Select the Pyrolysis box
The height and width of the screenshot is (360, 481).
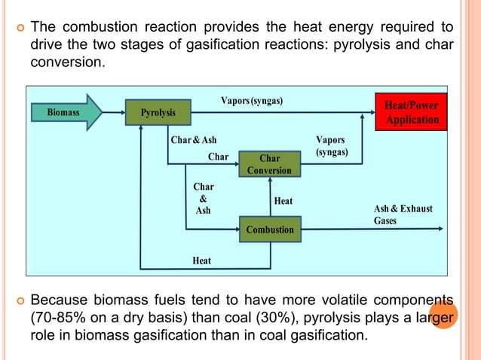(x=158, y=113)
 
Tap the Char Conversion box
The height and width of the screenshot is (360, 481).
(x=269, y=164)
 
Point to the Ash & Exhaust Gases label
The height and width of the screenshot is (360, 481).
(x=403, y=215)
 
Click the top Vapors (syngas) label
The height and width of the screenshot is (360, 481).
(x=252, y=101)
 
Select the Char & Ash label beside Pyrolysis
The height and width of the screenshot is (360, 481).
(x=194, y=140)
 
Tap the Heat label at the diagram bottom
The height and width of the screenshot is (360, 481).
(x=201, y=261)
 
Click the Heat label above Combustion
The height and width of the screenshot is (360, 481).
(x=283, y=201)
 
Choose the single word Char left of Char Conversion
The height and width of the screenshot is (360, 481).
(x=218, y=157)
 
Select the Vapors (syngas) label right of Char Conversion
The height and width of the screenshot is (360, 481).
(x=332, y=146)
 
